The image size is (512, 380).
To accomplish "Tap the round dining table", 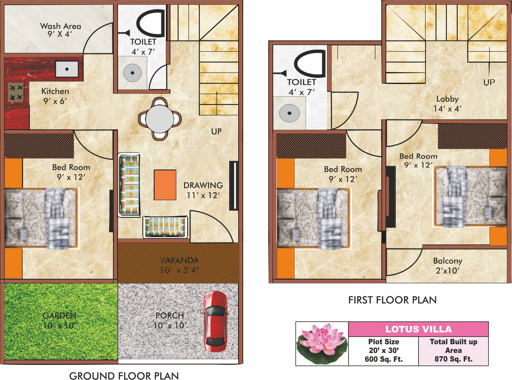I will coord(160,119).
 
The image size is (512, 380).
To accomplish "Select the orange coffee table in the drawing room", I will coord(165,185).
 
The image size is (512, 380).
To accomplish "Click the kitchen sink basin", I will coord(67,69).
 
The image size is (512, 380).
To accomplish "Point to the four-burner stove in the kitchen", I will coord(16,92).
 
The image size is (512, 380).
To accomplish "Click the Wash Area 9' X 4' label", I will coord(60,30).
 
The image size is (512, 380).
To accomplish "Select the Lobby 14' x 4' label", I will coord(447,104).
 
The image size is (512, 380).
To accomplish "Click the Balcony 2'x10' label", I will coord(448,266).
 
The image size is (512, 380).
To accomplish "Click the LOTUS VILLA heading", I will coord(418,329).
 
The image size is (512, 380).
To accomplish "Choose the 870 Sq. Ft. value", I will coord(453,359).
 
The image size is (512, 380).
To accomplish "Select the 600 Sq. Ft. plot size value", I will coord(384,359).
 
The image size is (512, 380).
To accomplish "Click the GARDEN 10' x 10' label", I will coord(60,320).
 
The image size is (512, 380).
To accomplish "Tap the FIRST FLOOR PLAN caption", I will coord(392,300).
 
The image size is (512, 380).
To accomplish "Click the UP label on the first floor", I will coord(489,82).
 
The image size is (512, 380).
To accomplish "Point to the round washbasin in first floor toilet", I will coord(289,113).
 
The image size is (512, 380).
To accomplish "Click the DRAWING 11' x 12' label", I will coord(203,190).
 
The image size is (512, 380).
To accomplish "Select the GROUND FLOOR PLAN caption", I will coord(124,376).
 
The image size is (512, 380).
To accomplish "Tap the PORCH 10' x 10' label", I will coord(170,320).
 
